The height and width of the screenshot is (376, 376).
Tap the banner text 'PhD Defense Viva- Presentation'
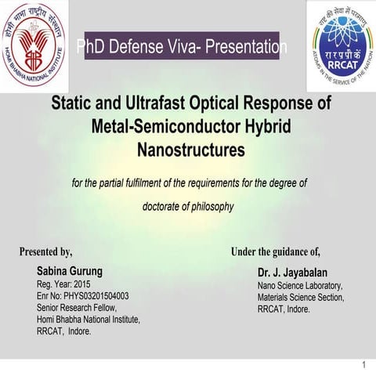(x=182, y=48)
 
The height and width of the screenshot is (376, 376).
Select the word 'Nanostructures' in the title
(x=191, y=147)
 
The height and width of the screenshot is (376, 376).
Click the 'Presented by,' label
(x=46, y=252)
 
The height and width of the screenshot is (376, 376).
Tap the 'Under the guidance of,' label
(x=276, y=252)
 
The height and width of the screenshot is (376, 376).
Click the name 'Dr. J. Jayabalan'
(x=295, y=272)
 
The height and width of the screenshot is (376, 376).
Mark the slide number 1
(x=365, y=366)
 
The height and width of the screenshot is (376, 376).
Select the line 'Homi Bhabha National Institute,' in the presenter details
(x=88, y=320)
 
